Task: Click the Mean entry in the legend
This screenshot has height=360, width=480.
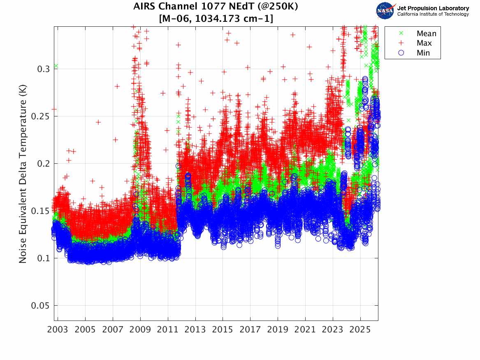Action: (426, 34)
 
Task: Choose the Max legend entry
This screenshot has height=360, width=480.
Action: (424, 43)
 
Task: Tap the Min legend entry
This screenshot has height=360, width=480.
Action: (423, 53)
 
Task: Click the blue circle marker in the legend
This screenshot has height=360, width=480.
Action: (397, 53)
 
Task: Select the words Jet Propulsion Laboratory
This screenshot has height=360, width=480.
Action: (433, 8)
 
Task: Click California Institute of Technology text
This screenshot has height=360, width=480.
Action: (433, 14)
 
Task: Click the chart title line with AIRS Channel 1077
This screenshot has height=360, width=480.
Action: (216, 7)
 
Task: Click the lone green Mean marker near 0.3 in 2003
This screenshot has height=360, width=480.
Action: (56, 66)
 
